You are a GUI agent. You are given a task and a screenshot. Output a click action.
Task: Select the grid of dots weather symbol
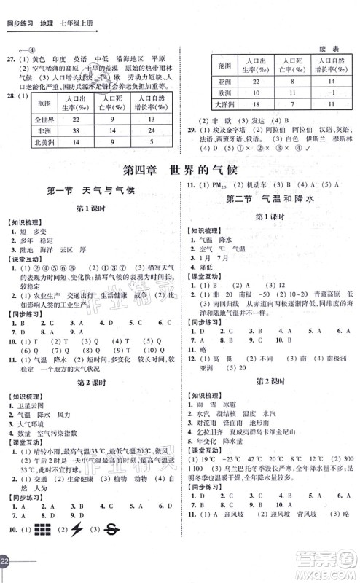(x=41, y=549)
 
